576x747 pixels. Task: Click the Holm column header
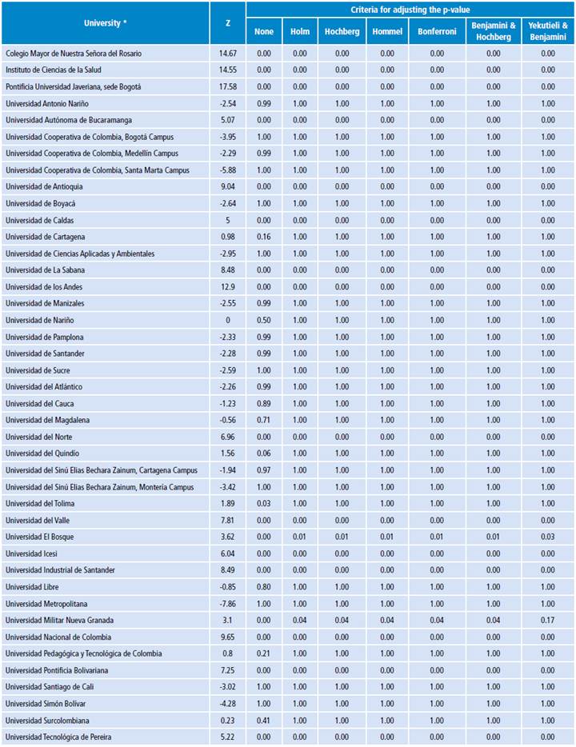click(x=300, y=31)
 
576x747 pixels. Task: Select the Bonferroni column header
click(x=436, y=31)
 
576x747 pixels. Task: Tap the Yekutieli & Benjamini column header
click(x=548, y=31)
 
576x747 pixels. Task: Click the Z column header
click(x=228, y=23)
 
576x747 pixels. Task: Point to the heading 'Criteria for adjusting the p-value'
click(x=411, y=9)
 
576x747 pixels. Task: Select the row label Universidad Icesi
click(x=31, y=553)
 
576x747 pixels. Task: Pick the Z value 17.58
click(x=228, y=86)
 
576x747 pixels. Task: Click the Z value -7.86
click(x=228, y=604)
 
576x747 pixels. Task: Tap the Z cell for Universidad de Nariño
click(x=228, y=320)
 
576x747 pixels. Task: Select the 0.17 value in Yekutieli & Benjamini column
click(x=548, y=621)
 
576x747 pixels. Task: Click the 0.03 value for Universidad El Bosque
click(x=548, y=537)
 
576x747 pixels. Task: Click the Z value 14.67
click(x=228, y=53)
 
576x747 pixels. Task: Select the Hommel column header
click(x=387, y=31)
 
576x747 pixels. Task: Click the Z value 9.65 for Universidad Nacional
click(x=228, y=637)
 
